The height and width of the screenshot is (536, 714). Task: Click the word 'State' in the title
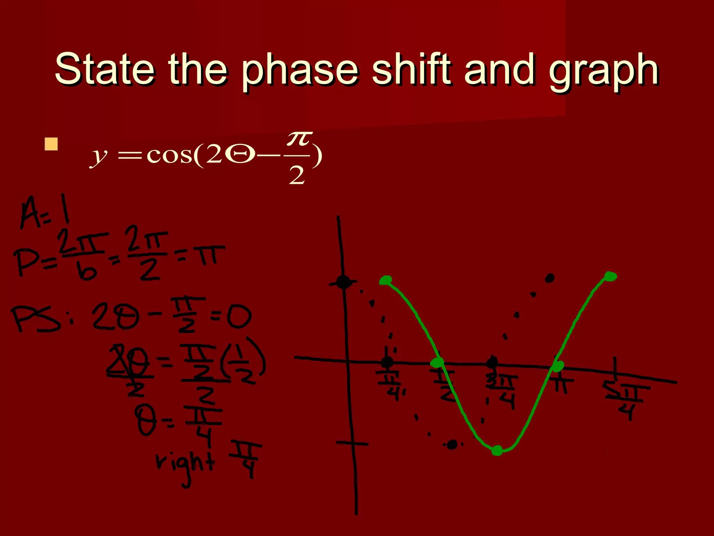(105, 69)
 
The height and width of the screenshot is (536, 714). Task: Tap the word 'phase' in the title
(300, 72)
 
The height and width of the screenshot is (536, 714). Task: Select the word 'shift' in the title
(411, 69)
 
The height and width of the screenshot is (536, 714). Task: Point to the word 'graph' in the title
(603, 72)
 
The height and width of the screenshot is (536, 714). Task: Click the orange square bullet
(51, 144)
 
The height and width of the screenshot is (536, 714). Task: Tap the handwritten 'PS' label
(35, 319)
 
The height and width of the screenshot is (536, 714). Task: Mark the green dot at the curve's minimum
(497, 450)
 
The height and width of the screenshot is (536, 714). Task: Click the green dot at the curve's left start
(386, 280)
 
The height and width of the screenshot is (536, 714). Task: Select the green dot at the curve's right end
(610, 276)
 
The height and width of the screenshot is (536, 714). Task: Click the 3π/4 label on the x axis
(502, 389)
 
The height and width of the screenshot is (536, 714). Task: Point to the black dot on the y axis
(343, 282)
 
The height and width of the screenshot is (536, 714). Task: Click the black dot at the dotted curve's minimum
(452, 445)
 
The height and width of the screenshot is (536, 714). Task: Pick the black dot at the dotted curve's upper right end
(550, 278)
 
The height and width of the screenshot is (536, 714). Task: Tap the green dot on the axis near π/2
(437, 363)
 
